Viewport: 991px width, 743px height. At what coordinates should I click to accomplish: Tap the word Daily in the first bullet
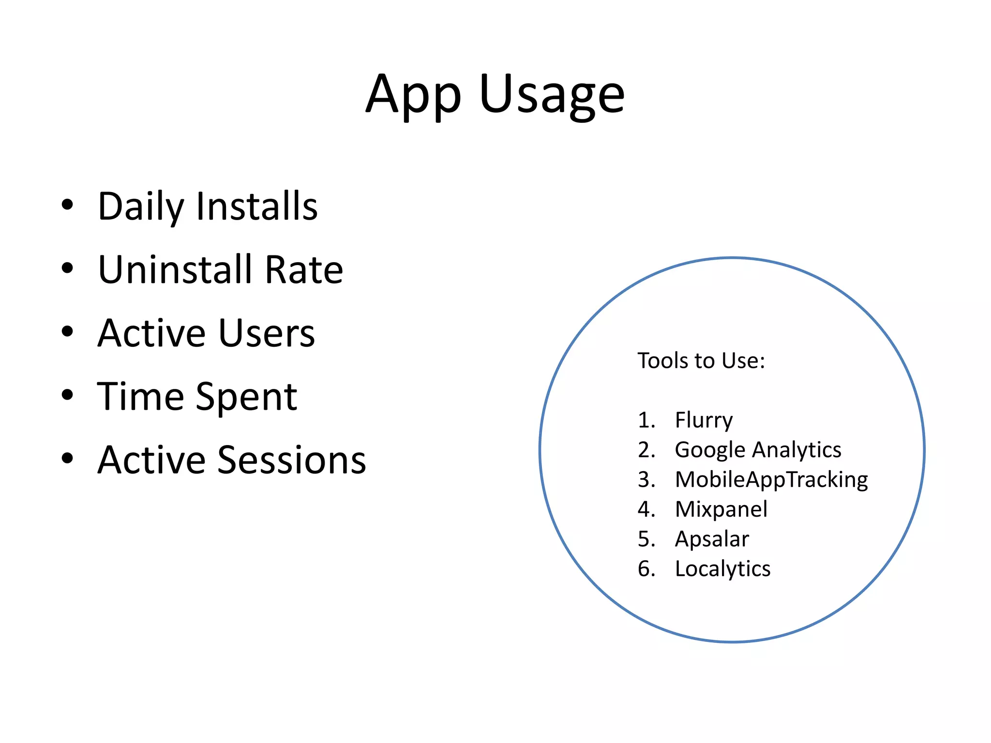coord(141,207)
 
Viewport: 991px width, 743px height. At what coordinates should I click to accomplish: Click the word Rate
coord(304,269)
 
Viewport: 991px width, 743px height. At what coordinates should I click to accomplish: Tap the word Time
coord(141,397)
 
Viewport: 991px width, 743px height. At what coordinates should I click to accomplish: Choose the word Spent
coord(246,397)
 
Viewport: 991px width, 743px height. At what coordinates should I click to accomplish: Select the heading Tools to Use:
coord(701,361)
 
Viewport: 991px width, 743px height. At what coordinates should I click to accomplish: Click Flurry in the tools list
coord(704,420)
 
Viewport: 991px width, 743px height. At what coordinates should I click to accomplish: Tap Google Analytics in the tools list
coord(758,450)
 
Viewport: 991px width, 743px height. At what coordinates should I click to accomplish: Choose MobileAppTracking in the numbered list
coord(771,480)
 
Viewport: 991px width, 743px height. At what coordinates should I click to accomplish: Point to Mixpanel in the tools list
coord(721,509)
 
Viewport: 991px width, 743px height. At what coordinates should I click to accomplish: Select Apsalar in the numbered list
coord(712,539)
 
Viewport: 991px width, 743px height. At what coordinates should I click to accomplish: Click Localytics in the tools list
coord(722,569)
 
